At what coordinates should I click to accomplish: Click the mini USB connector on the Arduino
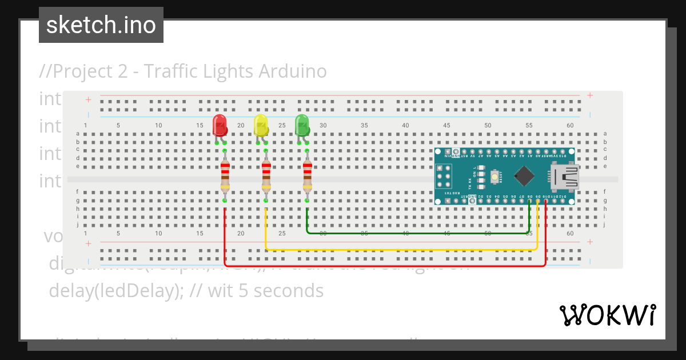(565, 177)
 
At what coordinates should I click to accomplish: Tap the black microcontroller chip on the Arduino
(524, 175)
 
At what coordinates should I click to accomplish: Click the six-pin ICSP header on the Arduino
(444, 177)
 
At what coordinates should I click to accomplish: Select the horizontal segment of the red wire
(383, 266)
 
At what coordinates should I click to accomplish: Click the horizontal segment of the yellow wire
(400, 250)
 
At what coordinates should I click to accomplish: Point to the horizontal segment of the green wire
(417, 233)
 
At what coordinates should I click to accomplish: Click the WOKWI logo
(607, 315)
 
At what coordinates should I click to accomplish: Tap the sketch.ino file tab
(101, 25)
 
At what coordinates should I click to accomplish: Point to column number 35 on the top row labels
(364, 125)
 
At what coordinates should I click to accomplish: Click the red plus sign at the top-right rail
(590, 95)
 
